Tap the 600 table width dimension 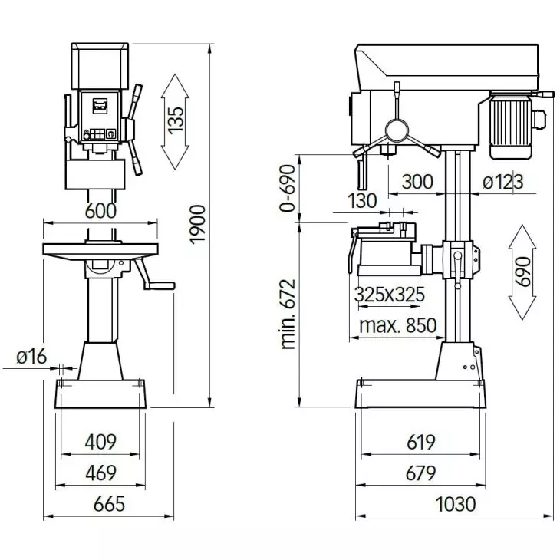100,210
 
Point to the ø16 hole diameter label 31,356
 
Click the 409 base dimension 100,442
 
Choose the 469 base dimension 100,473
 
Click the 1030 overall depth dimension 456,504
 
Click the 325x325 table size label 390,295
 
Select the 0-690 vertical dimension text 287,187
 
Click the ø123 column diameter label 503,182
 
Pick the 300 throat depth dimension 417,182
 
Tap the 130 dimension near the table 362,201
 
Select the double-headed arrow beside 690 523,272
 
